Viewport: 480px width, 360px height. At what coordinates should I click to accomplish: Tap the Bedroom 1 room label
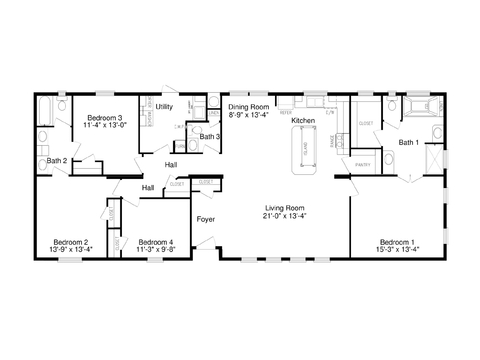click(x=398, y=241)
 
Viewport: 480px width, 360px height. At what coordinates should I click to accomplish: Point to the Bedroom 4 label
click(x=155, y=241)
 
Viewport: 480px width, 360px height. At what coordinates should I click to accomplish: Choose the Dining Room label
click(x=250, y=106)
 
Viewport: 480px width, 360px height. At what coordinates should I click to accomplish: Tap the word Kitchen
click(x=303, y=120)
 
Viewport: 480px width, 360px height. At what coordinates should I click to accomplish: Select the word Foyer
click(x=205, y=218)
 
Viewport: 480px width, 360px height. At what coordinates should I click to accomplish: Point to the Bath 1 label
click(x=410, y=142)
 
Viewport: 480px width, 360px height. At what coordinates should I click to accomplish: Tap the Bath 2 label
click(x=57, y=160)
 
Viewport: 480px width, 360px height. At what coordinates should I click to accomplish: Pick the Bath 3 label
click(x=210, y=136)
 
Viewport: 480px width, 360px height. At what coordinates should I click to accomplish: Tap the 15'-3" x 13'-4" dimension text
click(x=398, y=248)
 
